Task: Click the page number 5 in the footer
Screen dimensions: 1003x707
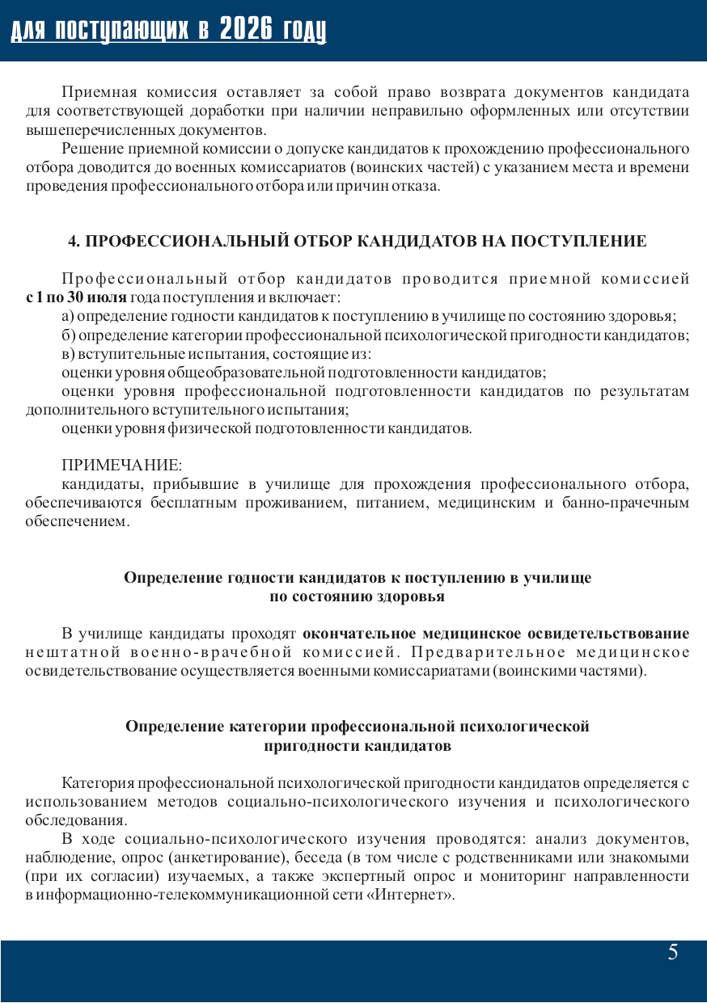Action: [673, 953]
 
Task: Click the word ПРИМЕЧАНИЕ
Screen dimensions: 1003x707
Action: [122, 466]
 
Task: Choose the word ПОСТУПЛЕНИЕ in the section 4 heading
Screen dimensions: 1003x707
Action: [578, 241]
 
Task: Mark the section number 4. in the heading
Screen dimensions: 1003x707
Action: [74, 241]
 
